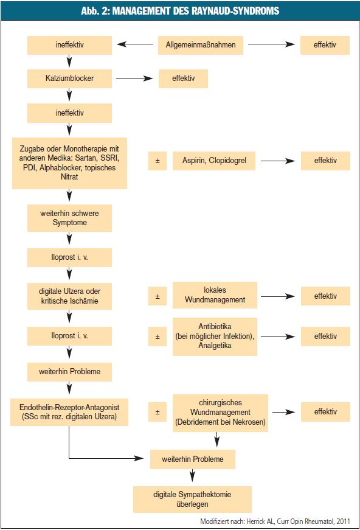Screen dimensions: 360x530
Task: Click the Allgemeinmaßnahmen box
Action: click(x=201, y=45)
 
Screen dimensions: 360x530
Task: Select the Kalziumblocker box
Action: click(x=69, y=78)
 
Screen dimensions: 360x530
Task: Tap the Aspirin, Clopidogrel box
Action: click(x=214, y=161)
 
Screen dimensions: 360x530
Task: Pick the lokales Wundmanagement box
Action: click(x=215, y=295)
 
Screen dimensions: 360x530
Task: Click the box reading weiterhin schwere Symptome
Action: click(x=69, y=218)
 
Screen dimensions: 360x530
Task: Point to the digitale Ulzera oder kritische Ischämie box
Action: click(x=69, y=296)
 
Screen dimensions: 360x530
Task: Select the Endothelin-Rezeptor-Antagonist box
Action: click(x=69, y=412)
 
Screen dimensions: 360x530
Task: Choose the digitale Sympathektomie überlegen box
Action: click(x=193, y=499)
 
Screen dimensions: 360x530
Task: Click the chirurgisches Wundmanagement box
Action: click(x=220, y=413)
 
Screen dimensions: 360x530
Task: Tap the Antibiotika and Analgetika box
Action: click(x=215, y=336)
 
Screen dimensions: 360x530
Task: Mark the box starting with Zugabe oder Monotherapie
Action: click(x=69, y=163)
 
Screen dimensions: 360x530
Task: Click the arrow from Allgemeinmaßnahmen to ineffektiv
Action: click(x=135, y=44)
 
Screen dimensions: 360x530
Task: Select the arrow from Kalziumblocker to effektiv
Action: click(x=134, y=78)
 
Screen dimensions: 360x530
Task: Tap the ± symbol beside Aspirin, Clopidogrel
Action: click(x=157, y=161)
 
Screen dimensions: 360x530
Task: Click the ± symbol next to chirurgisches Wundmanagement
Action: click(x=157, y=413)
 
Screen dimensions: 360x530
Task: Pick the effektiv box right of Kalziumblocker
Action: click(x=184, y=78)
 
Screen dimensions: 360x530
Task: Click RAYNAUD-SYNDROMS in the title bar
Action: click(x=235, y=11)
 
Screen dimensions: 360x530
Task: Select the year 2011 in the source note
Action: click(x=343, y=521)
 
